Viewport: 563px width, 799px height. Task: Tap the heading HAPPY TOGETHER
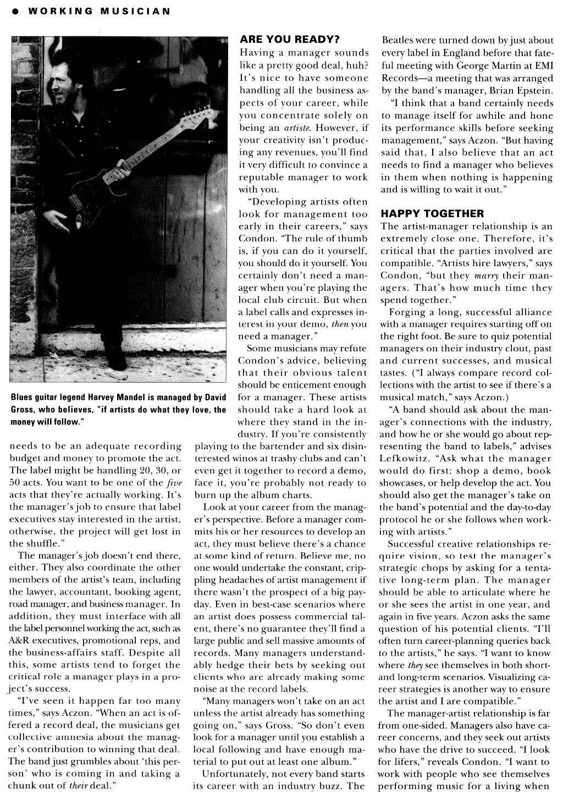point(432,213)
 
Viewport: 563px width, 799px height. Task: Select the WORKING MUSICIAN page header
point(98,10)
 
